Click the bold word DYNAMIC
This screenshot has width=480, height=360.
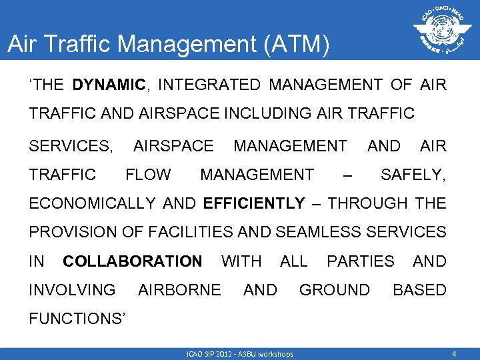[109, 85]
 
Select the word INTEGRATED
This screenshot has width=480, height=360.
[209, 85]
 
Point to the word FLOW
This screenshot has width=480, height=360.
[148, 175]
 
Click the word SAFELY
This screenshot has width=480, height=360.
[411, 175]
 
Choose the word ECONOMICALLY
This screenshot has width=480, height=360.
[91, 203]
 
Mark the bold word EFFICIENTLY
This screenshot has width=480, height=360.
[254, 203]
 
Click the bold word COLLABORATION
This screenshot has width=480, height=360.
[132, 261]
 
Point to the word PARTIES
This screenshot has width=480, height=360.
[360, 261]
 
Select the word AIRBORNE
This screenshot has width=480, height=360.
[179, 290]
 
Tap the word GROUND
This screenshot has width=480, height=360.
[334, 290]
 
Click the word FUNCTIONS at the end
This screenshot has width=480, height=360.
[75, 319]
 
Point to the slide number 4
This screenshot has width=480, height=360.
[453, 353]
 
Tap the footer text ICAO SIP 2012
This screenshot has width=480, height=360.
[213, 353]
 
